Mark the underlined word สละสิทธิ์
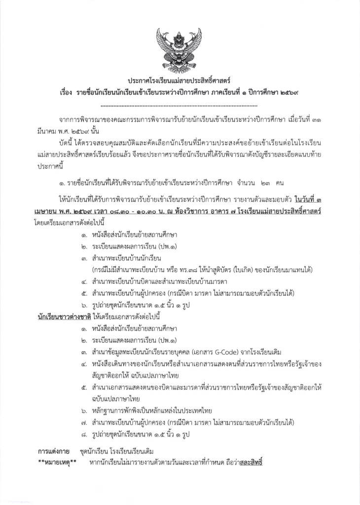pos(250,463)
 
